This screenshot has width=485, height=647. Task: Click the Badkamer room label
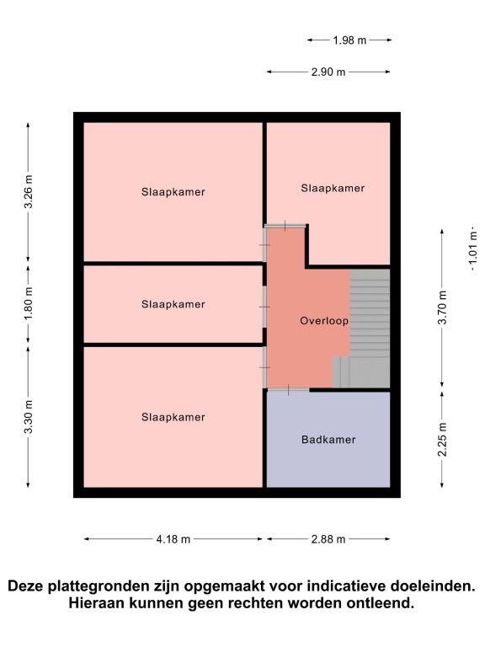tap(328, 440)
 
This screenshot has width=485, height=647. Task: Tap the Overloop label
tap(324, 321)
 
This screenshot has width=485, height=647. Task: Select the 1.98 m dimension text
tap(349, 40)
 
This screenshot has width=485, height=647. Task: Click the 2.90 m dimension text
tap(328, 72)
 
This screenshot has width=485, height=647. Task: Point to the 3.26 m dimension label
tap(29, 192)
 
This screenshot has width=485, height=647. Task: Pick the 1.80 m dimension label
tap(29, 304)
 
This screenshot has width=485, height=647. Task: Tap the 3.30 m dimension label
tap(29, 417)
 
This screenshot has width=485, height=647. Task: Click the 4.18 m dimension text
tap(173, 539)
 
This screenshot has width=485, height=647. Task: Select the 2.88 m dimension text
tap(328, 539)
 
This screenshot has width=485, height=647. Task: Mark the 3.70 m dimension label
tap(443, 307)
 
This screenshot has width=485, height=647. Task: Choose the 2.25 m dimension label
tap(443, 440)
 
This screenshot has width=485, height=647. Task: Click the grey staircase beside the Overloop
tap(362, 329)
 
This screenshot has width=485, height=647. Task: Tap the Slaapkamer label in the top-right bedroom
tap(333, 189)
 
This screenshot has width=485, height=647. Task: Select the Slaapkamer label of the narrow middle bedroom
tap(173, 304)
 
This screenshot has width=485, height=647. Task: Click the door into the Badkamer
tap(288, 389)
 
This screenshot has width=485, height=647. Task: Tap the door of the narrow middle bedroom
tap(264, 307)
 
